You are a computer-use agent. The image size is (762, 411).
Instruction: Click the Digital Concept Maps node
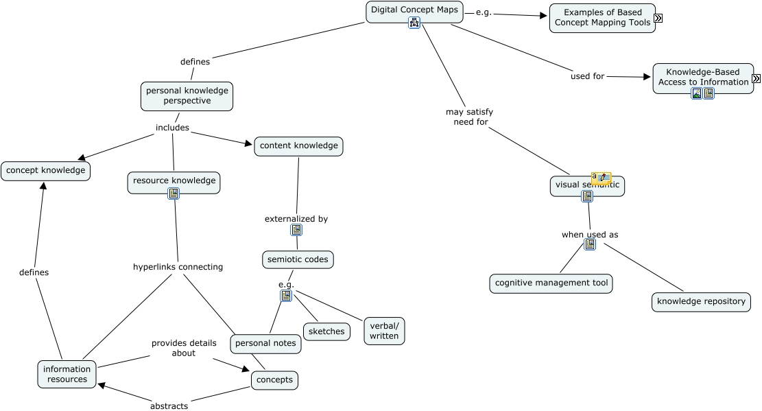point(414,10)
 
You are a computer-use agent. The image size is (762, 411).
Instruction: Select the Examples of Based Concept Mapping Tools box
point(602,18)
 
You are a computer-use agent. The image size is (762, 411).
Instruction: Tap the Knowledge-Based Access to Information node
point(702,77)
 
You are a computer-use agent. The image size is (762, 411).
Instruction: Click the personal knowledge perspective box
point(187,96)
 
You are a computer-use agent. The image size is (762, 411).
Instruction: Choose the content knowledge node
point(298,146)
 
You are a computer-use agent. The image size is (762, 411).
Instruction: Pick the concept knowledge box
point(45,171)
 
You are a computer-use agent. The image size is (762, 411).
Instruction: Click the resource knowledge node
point(174,181)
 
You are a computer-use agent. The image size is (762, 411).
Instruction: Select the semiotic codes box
point(298,260)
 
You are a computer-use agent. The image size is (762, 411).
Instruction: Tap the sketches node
point(326,332)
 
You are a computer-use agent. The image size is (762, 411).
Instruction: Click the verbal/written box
point(384,331)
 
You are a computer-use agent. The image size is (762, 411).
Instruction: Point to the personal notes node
point(265,344)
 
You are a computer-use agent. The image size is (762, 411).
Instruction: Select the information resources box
point(67,375)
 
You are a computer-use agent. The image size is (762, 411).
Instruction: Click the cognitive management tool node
point(551,283)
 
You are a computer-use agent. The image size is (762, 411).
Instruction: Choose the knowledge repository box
point(701,302)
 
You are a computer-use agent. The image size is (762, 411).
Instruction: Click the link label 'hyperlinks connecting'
point(178,267)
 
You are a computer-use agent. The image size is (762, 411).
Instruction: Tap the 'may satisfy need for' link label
point(469,117)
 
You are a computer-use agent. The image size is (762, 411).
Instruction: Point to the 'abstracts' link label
point(169,406)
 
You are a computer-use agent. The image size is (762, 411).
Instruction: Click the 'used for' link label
point(587,76)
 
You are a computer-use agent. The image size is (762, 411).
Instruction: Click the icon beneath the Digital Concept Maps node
point(414,23)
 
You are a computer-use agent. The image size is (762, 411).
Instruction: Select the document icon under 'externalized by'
point(296,231)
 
